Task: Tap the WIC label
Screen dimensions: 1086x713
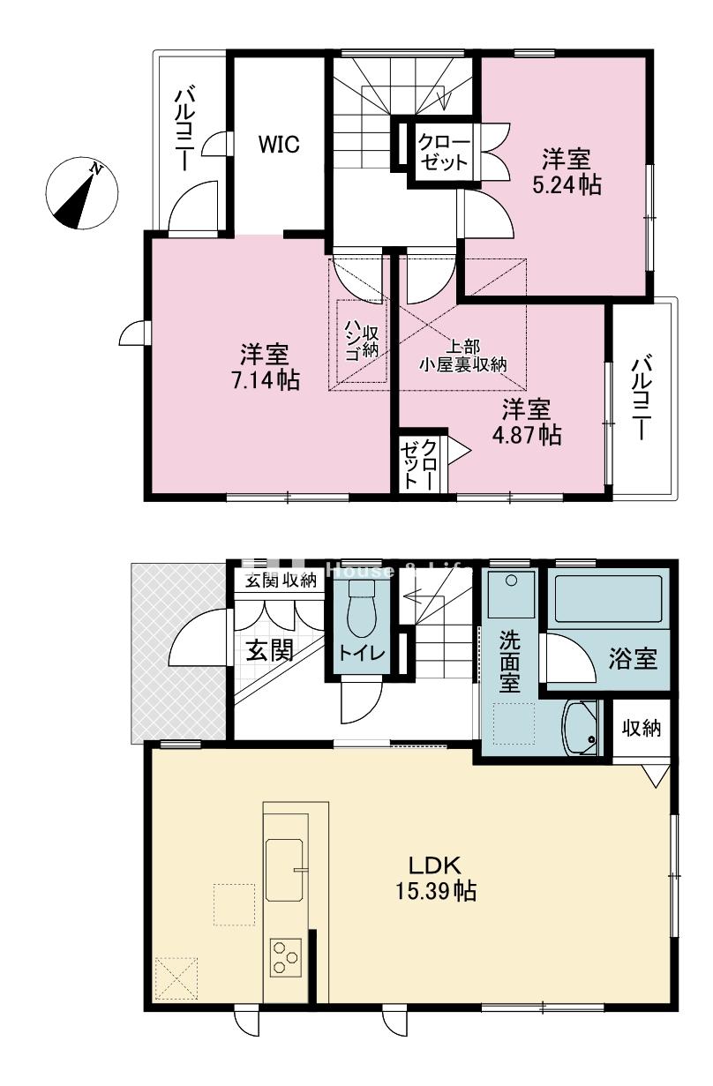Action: point(279,145)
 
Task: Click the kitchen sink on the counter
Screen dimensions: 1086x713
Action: point(283,870)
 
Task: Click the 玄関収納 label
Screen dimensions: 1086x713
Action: point(280,580)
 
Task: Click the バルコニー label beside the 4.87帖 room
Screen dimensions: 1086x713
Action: point(642,396)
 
